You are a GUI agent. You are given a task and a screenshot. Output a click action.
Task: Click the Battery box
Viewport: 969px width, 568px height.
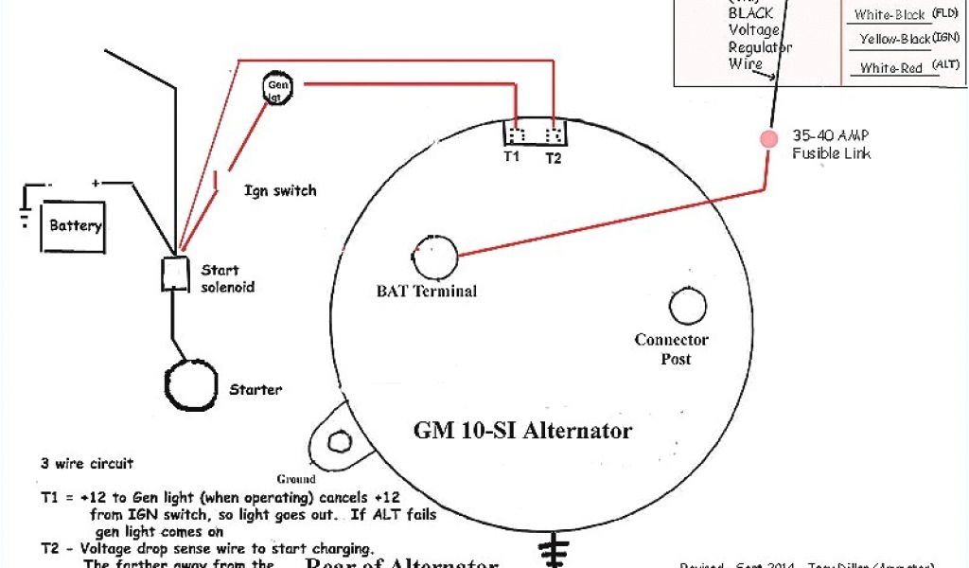coord(74,226)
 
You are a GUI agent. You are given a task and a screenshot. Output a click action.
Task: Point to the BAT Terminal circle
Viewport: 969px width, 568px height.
coord(435,254)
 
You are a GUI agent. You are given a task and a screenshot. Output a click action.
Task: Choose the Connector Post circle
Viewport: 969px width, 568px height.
coord(687,306)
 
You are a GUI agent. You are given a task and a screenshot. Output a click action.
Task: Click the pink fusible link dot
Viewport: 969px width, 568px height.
coord(766,138)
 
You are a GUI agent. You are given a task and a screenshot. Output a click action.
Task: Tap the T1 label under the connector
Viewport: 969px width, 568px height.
coord(511,157)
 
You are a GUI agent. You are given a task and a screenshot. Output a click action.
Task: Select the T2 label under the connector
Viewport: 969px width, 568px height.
coord(553,158)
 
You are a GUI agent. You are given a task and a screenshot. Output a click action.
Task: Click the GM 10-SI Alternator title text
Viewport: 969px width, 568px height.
coord(522,431)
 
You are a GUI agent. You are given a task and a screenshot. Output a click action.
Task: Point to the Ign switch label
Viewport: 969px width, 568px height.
coord(280,190)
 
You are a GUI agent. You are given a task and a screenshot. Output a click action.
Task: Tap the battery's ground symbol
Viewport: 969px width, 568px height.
coord(24,212)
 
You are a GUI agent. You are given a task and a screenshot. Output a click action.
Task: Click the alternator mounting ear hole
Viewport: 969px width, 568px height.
coord(336,442)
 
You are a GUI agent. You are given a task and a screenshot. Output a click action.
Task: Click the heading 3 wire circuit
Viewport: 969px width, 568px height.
coord(87,464)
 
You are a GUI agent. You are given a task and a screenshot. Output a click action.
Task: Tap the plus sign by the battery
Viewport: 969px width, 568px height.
coord(95,182)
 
